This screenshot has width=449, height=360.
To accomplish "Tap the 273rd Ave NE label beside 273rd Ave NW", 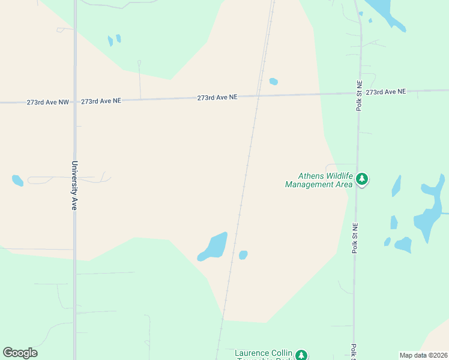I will tap(101, 101).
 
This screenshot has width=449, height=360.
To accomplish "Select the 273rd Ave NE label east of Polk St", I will tap(386, 92).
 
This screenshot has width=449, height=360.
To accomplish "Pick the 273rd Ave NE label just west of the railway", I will tap(217, 97).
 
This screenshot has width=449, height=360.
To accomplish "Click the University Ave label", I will tap(75, 185).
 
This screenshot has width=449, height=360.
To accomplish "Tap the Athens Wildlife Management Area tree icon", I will tap(362, 179).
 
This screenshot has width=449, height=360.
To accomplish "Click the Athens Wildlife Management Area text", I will tap(318, 181).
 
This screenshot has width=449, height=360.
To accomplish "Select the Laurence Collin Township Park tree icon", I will tap(303, 355).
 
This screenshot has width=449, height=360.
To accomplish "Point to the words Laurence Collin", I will tap(264, 352).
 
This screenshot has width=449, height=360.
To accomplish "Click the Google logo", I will tap(20, 353).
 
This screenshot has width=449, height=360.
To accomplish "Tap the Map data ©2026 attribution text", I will tap(423, 355).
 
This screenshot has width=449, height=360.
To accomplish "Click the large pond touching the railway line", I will tap(213, 247).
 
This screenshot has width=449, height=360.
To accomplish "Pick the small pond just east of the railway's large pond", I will tap(243, 255).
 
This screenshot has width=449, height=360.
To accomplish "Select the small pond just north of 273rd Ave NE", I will tap(274, 82).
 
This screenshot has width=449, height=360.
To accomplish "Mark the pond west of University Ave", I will tap(17, 180).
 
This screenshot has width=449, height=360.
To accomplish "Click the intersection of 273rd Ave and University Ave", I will tap(75, 101).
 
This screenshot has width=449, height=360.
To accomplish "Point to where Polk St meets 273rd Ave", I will tap(360, 93).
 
